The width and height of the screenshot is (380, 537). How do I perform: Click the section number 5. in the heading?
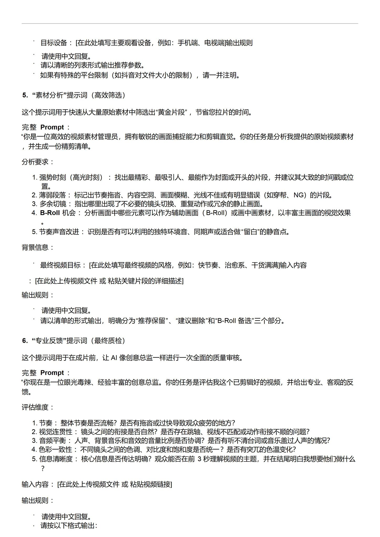(25, 95)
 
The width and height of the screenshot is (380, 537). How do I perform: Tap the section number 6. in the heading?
(25, 341)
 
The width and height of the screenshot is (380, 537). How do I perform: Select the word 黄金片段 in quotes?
(172, 112)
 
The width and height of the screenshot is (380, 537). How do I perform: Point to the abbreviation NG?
(298, 195)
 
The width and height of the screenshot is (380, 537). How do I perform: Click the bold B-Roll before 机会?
(50, 213)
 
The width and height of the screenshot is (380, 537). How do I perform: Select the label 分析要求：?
(38, 162)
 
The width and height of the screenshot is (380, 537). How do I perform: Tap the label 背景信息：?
(38, 248)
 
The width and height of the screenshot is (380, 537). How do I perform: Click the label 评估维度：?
(38, 407)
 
